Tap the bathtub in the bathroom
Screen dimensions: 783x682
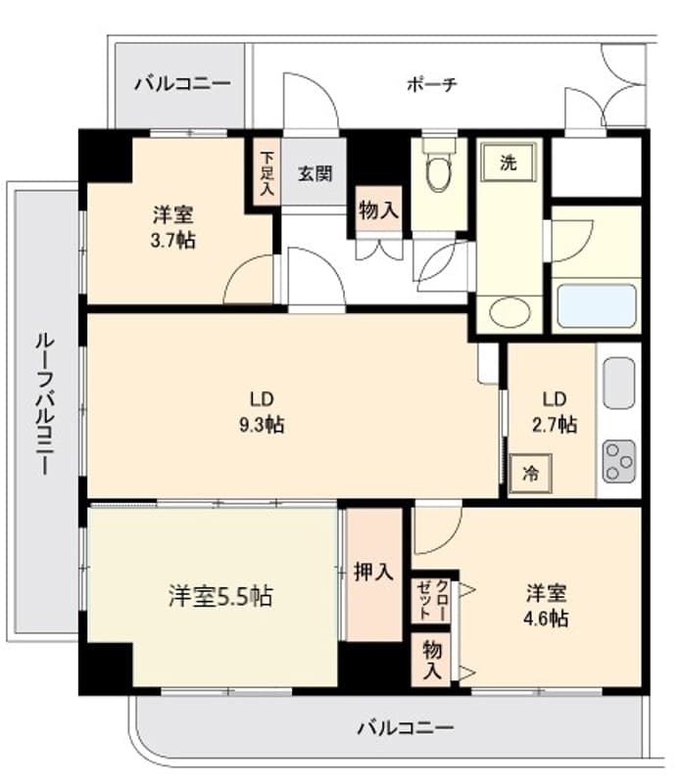pos(597,307)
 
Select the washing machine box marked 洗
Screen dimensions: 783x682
pos(508,164)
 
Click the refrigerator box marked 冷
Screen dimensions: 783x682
pos(530,474)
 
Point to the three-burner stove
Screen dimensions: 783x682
pos(619,460)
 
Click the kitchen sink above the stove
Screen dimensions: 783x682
pos(619,385)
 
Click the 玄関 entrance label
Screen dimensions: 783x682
pos(315,174)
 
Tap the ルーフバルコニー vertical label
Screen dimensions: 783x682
pos(43,402)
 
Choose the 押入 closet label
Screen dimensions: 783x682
pos(372,573)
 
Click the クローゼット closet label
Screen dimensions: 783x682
pos(432,597)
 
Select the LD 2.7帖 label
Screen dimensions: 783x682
pos(555,412)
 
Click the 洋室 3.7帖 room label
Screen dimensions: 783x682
pos(173,227)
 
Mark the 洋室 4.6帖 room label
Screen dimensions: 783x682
pos(547,606)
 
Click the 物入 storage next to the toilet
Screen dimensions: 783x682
pos(378,209)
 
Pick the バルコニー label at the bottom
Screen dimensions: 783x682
pos(405,728)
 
